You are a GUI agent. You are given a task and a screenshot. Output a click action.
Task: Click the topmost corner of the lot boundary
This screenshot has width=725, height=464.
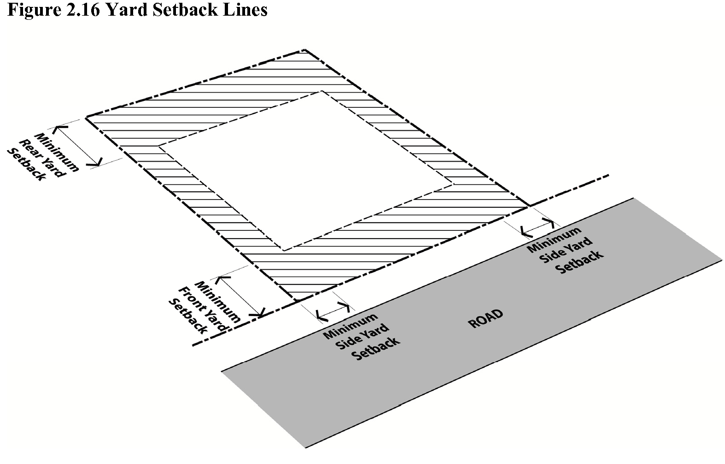(304, 49)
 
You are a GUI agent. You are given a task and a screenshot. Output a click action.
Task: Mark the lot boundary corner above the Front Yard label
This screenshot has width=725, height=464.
(294, 302)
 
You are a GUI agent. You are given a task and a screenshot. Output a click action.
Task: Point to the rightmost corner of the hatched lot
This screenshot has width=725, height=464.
(529, 206)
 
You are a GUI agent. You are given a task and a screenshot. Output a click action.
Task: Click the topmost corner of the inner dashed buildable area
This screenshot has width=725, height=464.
(321, 92)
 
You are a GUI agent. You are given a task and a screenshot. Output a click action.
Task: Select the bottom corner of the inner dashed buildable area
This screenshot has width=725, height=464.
(283, 251)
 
